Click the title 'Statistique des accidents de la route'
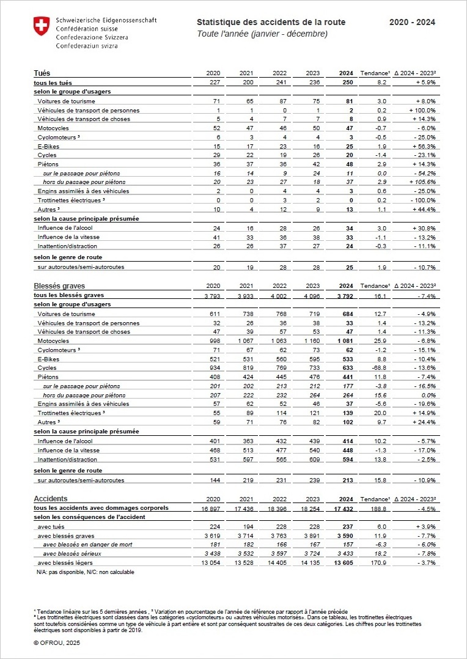coord(271,23)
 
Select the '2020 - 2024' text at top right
coord(412,23)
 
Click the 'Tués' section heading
coord(42,73)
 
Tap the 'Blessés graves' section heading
coord(59,285)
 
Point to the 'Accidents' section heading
coord(51,499)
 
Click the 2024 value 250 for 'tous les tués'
coord(346,83)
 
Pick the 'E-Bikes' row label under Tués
coord(48,146)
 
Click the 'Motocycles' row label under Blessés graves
coord(53,341)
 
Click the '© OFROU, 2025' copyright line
coord(57,643)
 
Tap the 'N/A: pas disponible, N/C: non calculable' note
coord(86,572)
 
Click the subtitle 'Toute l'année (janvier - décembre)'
coord(262,34)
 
